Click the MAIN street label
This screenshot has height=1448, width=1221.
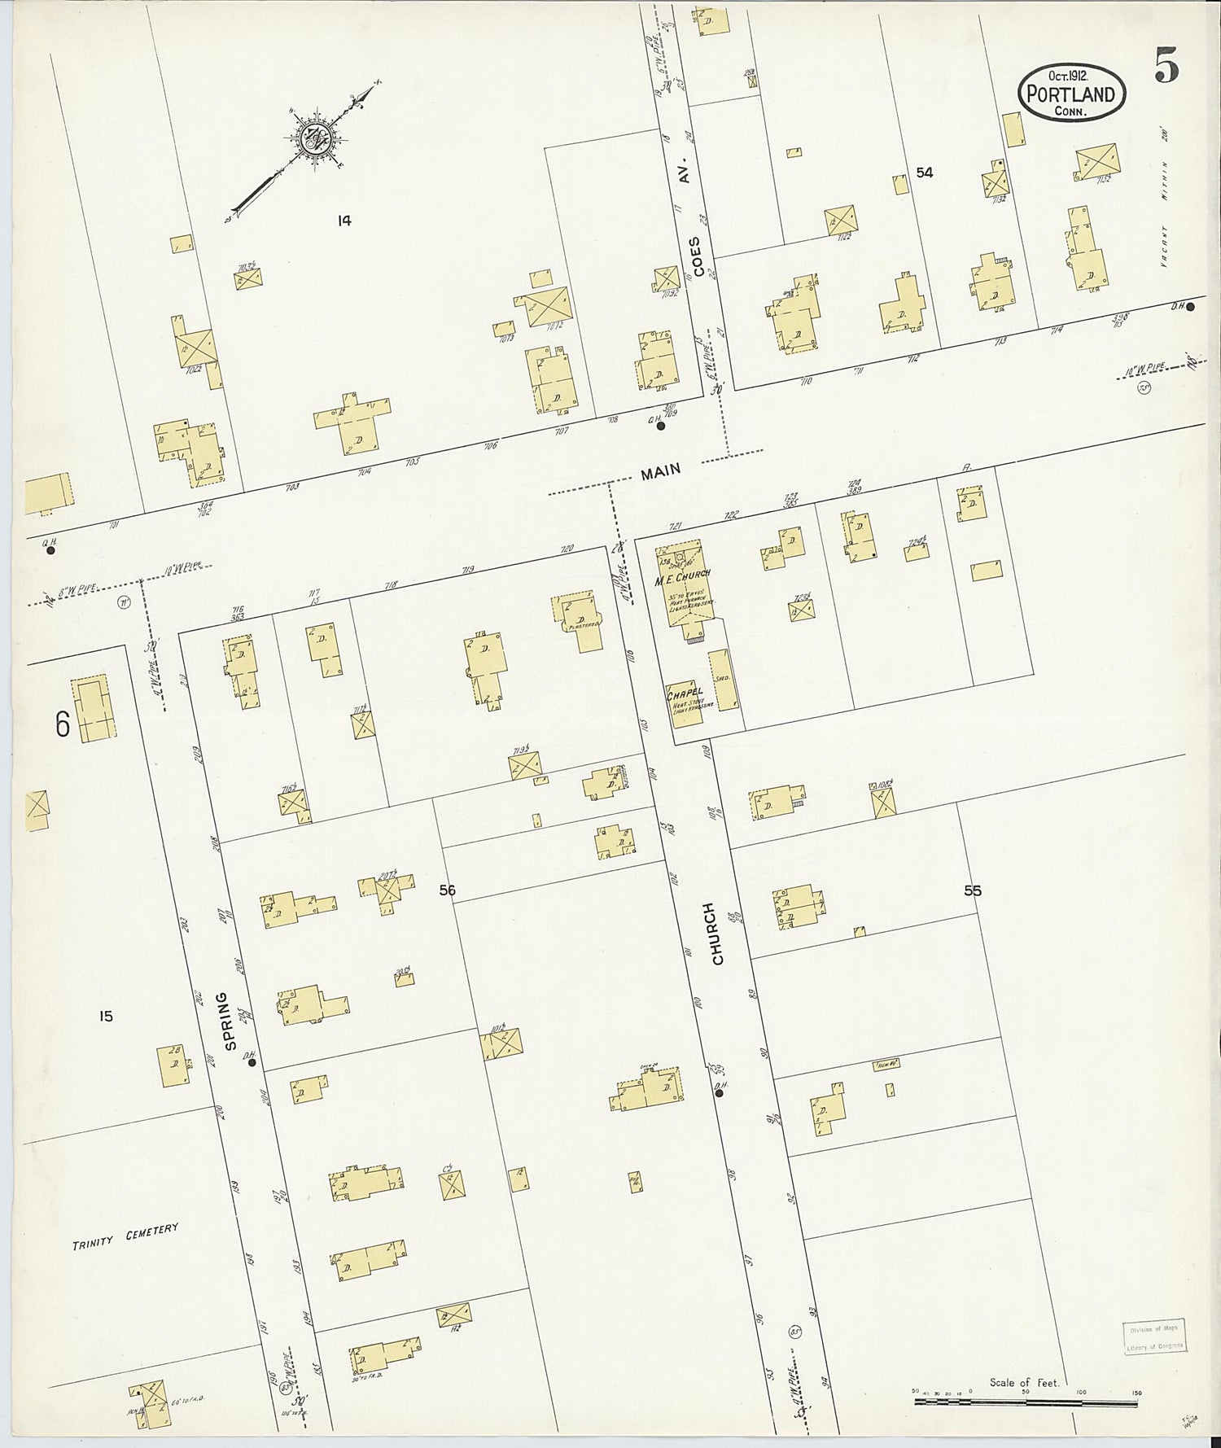pyautogui.click(x=660, y=471)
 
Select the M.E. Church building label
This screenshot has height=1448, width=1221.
pyautogui.click(x=688, y=575)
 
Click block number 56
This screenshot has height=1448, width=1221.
pyautogui.click(x=447, y=890)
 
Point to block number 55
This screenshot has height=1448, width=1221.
pyautogui.click(x=972, y=890)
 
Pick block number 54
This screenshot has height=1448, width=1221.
pyautogui.click(x=924, y=173)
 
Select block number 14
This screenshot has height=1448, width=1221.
pyautogui.click(x=344, y=220)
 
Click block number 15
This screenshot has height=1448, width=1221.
pyautogui.click(x=106, y=1016)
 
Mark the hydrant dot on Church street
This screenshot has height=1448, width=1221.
pyautogui.click(x=720, y=1093)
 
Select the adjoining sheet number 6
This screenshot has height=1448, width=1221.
pyautogui.click(x=63, y=724)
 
